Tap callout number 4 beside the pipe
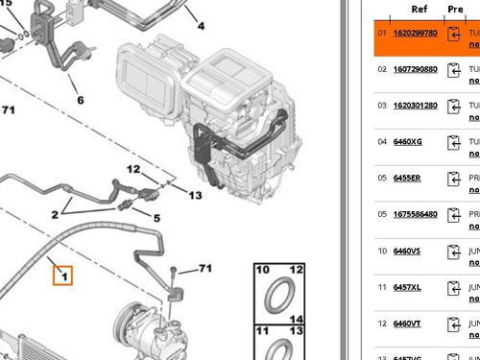[x=201, y=25]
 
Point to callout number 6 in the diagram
[x=80, y=100]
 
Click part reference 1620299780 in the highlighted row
[x=415, y=33]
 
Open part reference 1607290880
[x=415, y=69]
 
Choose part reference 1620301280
[x=415, y=106]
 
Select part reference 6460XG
[x=407, y=142]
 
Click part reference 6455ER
[x=407, y=179]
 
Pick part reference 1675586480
[x=415, y=214]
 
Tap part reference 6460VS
[x=407, y=251]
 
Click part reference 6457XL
[x=407, y=287]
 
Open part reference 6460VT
[x=407, y=324]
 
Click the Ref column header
[x=420, y=9]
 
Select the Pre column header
[x=455, y=9]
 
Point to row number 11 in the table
[x=381, y=287]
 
